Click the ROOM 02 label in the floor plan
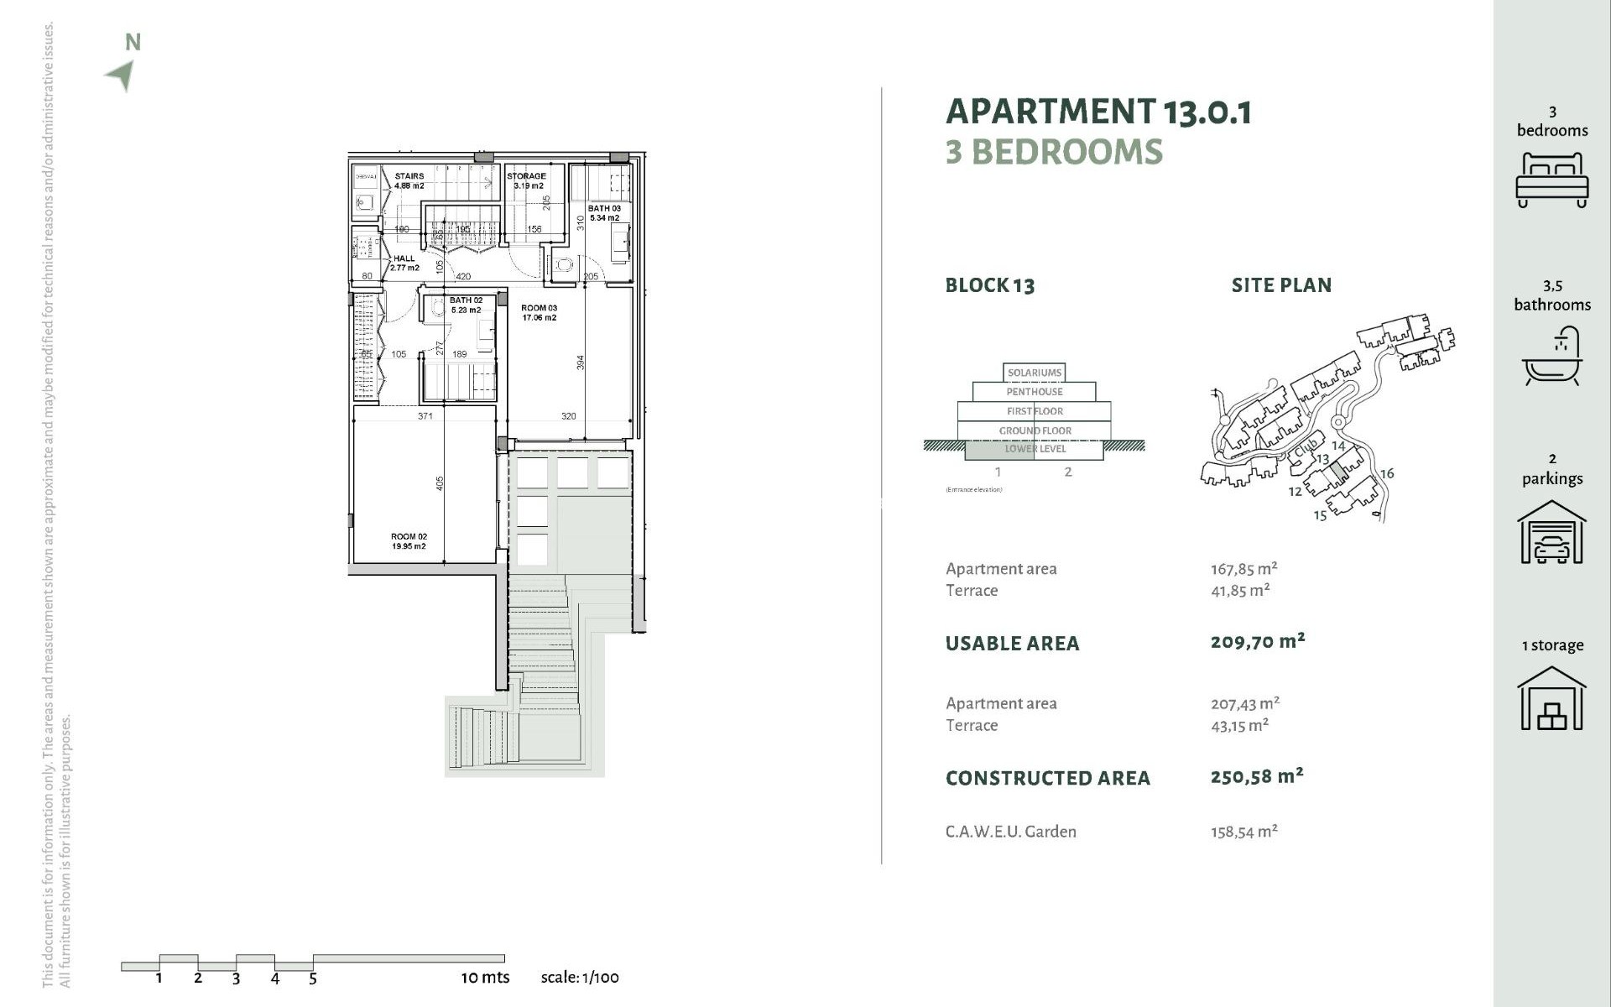tap(409, 541)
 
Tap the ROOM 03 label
tap(539, 312)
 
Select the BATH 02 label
tap(466, 305)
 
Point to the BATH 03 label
tap(604, 213)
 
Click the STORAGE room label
tap(527, 180)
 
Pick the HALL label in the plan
tap(404, 263)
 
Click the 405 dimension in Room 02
tap(440, 484)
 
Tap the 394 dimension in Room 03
tap(580, 363)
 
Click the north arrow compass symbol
tap(123, 74)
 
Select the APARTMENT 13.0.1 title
tap(1098, 112)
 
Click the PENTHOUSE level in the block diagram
tap(1034, 392)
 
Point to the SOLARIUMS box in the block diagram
tap(1034, 373)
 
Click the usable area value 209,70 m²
tap(1257, 642)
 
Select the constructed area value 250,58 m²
tap(1256, 776)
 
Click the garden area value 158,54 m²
tap(1243, 832)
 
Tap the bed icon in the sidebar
tap(1551, 180)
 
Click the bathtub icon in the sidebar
tap(1551, 357)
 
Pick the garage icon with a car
tap(1551, 532)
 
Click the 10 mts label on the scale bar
tap(485, 978)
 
